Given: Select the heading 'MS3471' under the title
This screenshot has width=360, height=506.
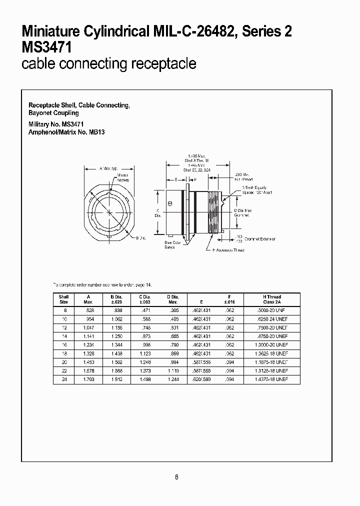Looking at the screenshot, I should pyautogui.click(x=46, y=47).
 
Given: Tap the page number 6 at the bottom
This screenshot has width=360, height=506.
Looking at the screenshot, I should pyautogui.click(x=176, y=477).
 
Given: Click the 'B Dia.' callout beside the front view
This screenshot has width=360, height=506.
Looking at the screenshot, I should pyautogui.click(x=140, y=237).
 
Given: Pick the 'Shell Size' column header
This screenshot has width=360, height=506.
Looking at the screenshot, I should pyautogui.click(x=63, y=299).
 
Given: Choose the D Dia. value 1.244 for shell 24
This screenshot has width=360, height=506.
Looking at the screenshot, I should pyautogui.click(x=173, y=379).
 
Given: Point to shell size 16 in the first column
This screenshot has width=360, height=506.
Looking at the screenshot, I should pyautogui.click(x=63, y=344).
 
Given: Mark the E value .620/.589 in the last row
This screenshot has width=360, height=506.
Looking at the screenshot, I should pyautogui.click(x=202, y=379).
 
